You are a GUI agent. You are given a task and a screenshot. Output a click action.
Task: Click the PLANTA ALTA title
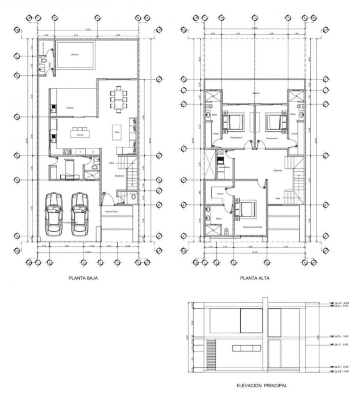(x=255, y=278)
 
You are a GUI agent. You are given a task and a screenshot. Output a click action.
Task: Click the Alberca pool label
(x=75, y=55)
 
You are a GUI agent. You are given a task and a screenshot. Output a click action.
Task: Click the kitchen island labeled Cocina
(x=80, y=134)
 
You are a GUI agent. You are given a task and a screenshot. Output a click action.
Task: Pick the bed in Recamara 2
(x=234, y=122)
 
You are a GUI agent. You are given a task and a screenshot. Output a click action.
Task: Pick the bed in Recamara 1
(x=276, y=122)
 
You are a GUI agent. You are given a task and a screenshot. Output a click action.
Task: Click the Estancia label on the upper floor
(x=278, y=170)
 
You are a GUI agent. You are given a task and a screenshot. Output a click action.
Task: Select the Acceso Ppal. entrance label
(x=112, y=211)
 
